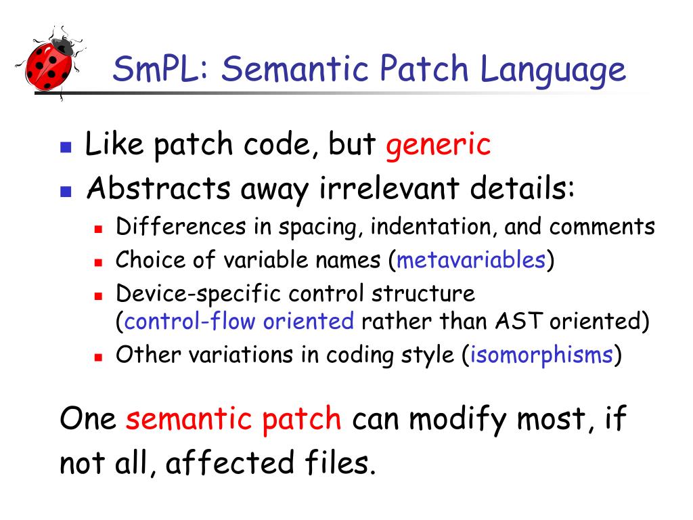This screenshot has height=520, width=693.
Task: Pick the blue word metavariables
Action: pyautogui.click(x=472, y=259)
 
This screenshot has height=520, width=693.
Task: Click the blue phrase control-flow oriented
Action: pyautogui.click(x=239, y=320)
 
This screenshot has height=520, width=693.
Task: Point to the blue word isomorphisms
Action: pyautogui.click(x=541, y=355)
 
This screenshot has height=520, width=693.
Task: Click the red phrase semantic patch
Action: pyautogui.click(x=233, y=419)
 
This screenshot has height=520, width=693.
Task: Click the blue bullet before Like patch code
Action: pyautogui.click(x=66, y=146)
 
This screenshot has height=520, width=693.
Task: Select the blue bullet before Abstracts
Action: pyautogui.click(x=66, y=190)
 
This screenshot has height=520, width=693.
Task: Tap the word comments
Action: pyautogui.click(x=602, y=227)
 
